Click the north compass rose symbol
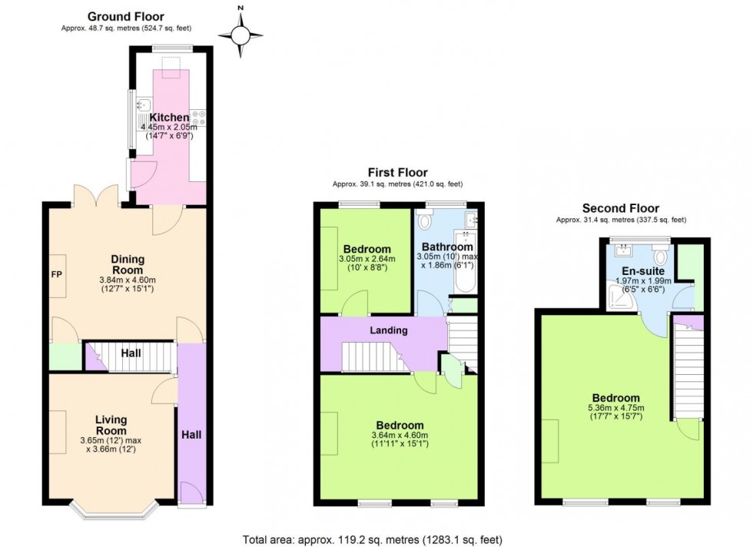click(240, 34)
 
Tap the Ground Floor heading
click(125, 16)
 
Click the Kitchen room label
click(169, 118)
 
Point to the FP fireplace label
click(56, 274)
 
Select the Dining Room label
click(127, 265)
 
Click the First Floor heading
click(397, 173)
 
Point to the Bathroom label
click(446, 247)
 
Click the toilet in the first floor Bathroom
click(427, 221)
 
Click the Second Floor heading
click(621, 207)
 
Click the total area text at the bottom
click(373, 539)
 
